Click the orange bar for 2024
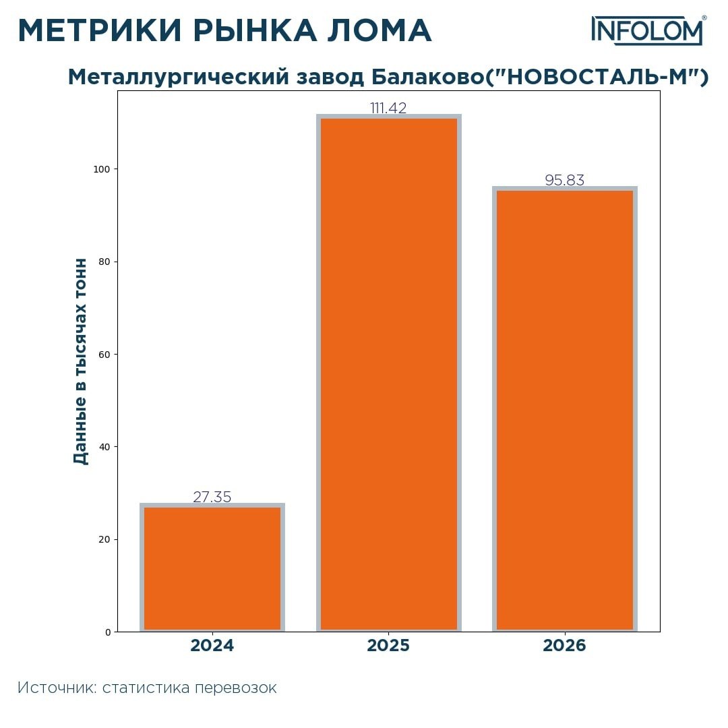coord(212,568)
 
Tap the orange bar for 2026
coord(565,409)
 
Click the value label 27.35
coord(212,497)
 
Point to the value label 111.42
coord(388,109)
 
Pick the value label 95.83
coord(565,181)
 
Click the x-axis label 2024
coord(212,646)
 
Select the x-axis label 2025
coord(388,646)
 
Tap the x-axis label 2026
coord(565,646)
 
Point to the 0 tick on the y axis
coord(107,632)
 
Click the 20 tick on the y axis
coord(104,539)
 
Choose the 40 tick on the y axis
coord(104,447)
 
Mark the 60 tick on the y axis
coord(104,355)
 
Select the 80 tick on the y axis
coord(104,262)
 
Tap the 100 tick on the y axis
coord(101,169)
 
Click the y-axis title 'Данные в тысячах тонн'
coord(81,361)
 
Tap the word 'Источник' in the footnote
coord(57,688)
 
